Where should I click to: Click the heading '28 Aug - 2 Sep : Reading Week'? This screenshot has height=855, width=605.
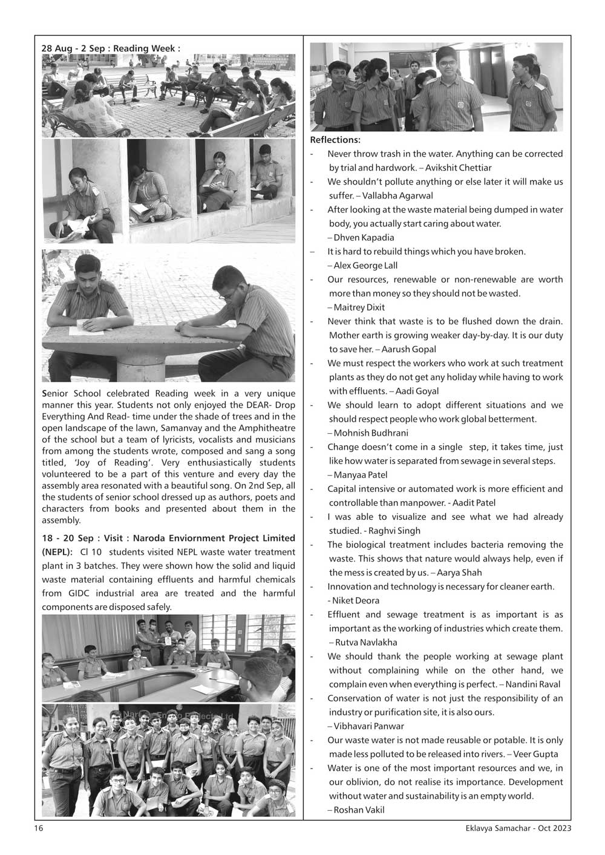point(110,48)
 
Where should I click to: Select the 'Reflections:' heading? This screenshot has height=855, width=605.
point(335,140)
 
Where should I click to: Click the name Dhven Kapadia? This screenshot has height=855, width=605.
point(364,237)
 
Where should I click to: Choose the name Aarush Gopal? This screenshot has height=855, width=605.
point(408,349)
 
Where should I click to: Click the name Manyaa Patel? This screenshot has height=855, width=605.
point(361,474)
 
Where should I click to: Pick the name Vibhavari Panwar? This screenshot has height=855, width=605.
point(368,726)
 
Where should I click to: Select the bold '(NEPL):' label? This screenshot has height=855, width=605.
point(57,552)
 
